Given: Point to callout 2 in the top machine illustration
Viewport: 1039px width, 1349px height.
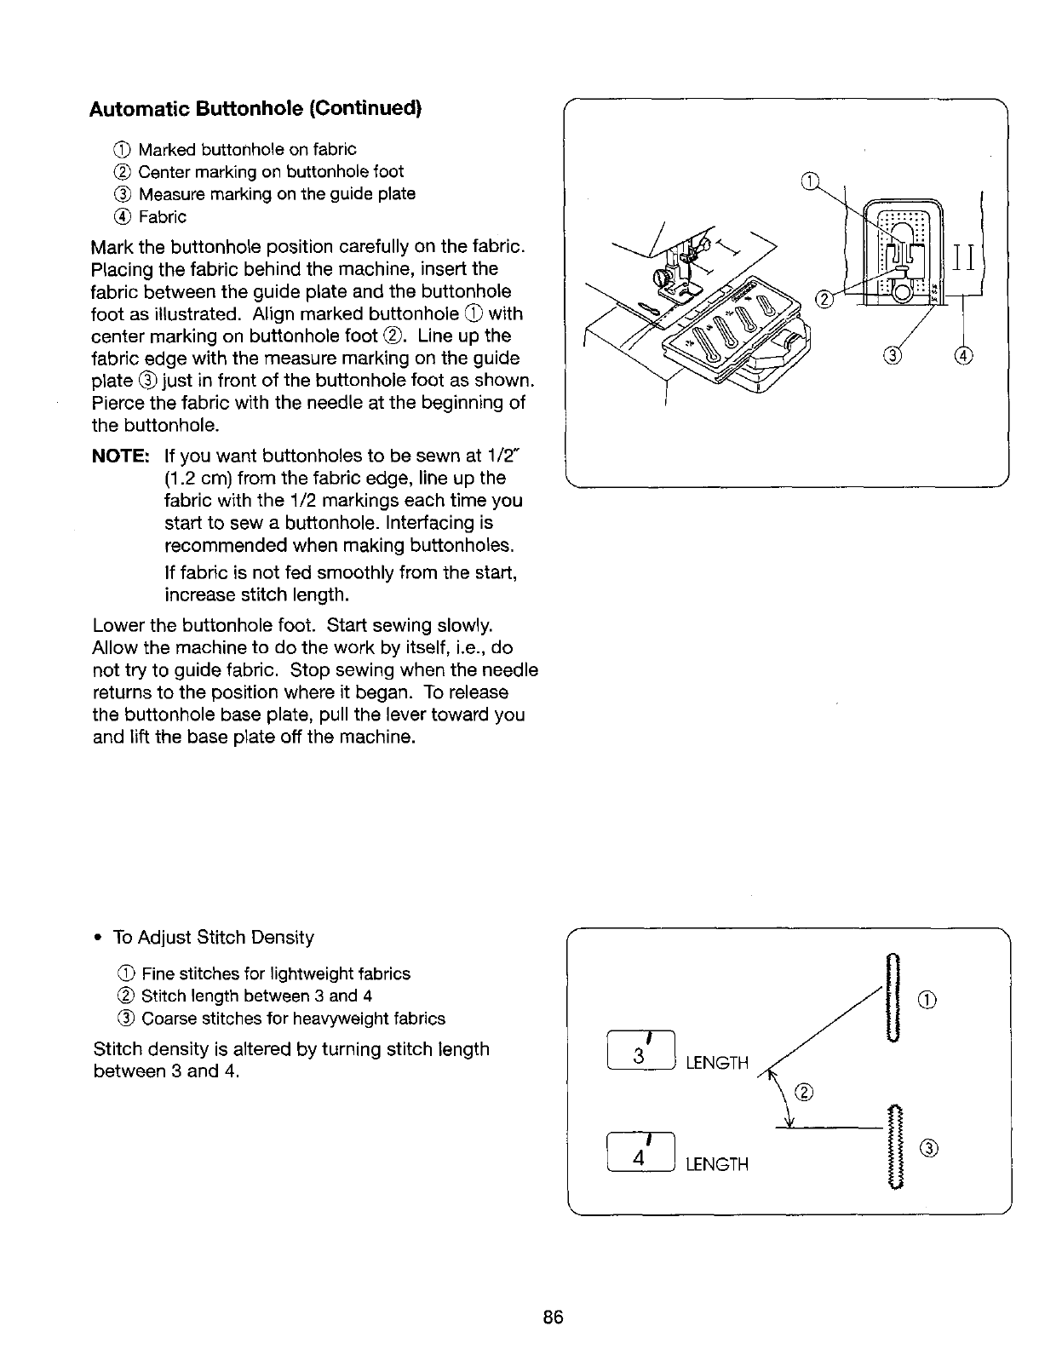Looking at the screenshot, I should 824,299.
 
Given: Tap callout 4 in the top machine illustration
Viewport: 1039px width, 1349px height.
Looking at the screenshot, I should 964,355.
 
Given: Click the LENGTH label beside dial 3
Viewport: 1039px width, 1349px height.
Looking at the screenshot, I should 717,1063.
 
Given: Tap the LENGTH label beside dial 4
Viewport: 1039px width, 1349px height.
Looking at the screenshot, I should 717,1164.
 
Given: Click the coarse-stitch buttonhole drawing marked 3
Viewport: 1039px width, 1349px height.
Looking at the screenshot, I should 893,1145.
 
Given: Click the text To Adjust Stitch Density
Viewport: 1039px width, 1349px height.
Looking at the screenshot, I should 213,938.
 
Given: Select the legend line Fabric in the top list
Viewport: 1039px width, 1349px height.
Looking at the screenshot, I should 162,216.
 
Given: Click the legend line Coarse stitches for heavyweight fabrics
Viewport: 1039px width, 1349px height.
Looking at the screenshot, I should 292,1019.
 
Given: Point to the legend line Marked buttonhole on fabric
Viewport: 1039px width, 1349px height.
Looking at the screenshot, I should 247,150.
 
